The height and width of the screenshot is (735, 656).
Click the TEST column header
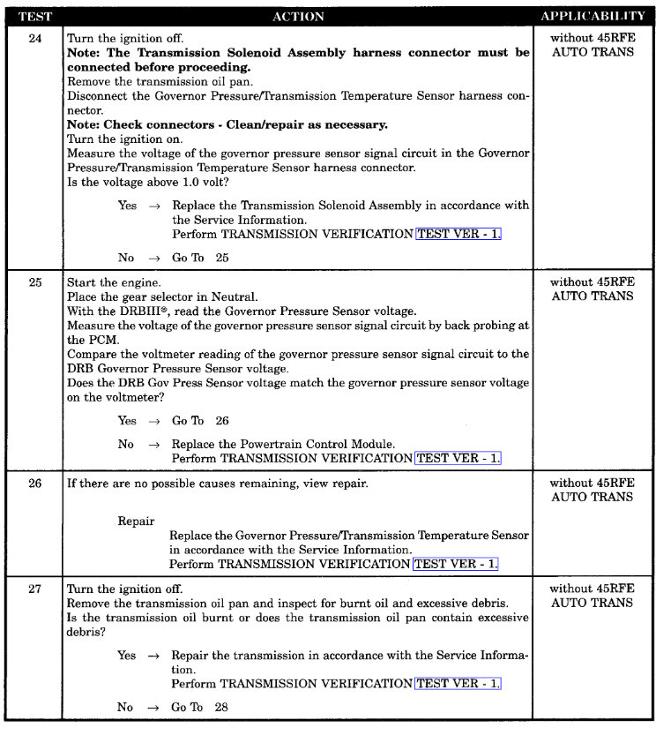34,16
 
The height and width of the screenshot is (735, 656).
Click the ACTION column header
298,16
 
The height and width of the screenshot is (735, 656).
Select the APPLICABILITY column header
593,16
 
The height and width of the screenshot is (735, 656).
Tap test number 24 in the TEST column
34,39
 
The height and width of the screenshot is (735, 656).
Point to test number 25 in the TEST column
34,283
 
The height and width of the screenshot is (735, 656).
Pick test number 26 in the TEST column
34,484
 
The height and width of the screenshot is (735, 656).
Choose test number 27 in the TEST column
34,589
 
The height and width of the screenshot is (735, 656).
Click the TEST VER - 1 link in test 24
458,234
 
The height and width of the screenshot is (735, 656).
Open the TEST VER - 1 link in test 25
457,458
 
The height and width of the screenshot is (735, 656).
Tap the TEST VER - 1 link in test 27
457,683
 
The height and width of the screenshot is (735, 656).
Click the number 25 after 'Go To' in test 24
221,258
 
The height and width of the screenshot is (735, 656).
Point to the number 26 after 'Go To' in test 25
221,421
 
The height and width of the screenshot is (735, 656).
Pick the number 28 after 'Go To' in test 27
220,707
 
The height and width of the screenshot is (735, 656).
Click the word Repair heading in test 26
137,521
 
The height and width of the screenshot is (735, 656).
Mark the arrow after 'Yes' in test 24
154,206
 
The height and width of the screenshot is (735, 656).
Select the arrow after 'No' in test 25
154,444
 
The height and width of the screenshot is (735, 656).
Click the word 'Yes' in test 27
127,656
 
